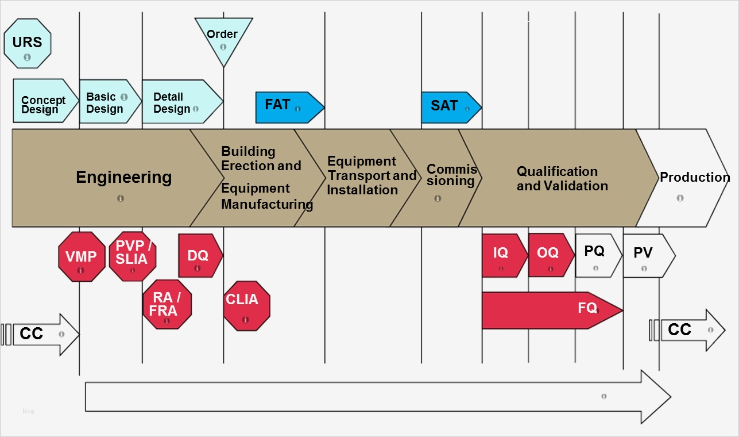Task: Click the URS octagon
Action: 27,43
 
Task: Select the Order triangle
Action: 223,37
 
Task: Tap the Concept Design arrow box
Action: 43,101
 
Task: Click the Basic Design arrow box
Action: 107,102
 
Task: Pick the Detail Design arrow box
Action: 178,102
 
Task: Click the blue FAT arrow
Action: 287,107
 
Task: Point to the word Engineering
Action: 123,177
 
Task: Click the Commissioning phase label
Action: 451,175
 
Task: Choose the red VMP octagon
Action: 82,257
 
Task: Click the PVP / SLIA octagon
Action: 132,256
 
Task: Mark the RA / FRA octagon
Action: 167,305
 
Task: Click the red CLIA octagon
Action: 246,305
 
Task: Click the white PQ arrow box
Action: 595,255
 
